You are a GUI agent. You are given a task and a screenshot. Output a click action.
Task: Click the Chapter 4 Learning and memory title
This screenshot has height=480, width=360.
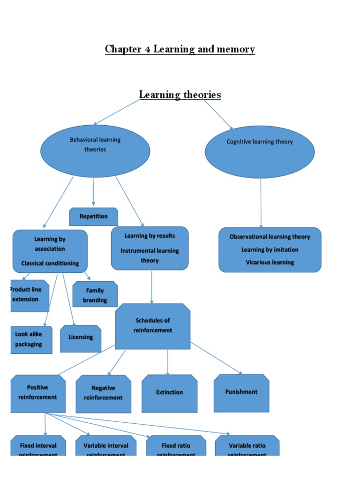(x=180, y=49)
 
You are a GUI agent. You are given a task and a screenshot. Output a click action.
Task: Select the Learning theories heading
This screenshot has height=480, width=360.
(x=180, y=95)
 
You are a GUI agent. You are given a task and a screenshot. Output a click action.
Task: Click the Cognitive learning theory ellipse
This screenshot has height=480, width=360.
(x=260, y=151)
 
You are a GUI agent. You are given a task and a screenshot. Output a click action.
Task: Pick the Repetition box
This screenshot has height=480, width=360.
(x=93, y=217)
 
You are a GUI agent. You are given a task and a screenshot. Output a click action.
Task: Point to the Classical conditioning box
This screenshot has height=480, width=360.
(x=50, y=251)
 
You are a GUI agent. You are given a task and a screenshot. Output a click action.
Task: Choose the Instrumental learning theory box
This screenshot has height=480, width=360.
(x=150, y=248)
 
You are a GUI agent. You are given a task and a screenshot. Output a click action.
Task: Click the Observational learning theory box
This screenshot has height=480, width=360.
(x=270, y=250)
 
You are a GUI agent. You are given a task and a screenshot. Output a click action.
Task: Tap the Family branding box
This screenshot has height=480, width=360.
(x=95, y=294)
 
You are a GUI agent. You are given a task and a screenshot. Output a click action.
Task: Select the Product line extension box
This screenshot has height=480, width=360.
(x=30, y=295)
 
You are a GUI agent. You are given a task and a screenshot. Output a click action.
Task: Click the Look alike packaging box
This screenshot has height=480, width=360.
(x=31, y=339)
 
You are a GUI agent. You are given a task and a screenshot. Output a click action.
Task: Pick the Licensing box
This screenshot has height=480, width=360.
(x=81, y=338)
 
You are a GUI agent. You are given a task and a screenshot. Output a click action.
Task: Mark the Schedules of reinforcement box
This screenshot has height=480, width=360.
(x=153, y=326)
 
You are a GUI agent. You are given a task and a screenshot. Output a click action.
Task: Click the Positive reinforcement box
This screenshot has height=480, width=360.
(x=37, y=393)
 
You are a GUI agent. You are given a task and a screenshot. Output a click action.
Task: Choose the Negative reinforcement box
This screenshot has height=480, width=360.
(x=103, y=394)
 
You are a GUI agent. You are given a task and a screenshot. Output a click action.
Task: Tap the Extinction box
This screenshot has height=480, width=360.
(x=169, y=393)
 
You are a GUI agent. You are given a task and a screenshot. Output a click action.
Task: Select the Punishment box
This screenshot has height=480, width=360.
(x=241, y=393)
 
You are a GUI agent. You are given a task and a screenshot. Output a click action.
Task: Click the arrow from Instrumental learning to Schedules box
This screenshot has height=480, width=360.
(x=151, y=286)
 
